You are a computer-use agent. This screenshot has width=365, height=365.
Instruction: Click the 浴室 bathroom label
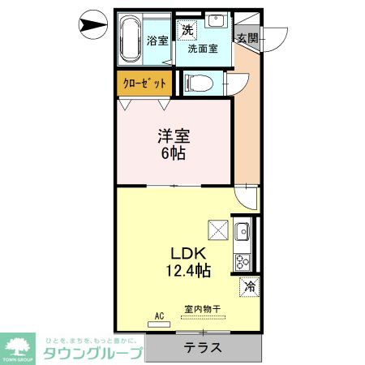158,41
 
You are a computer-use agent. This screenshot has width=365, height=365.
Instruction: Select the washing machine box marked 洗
187,29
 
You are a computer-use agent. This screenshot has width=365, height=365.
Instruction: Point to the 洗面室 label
203,48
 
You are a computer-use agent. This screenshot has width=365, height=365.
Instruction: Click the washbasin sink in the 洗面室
215,23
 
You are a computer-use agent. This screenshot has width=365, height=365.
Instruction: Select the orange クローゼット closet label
144,84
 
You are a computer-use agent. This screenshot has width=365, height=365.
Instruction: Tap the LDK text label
185,252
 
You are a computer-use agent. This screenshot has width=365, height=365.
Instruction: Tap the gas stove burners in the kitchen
242,261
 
